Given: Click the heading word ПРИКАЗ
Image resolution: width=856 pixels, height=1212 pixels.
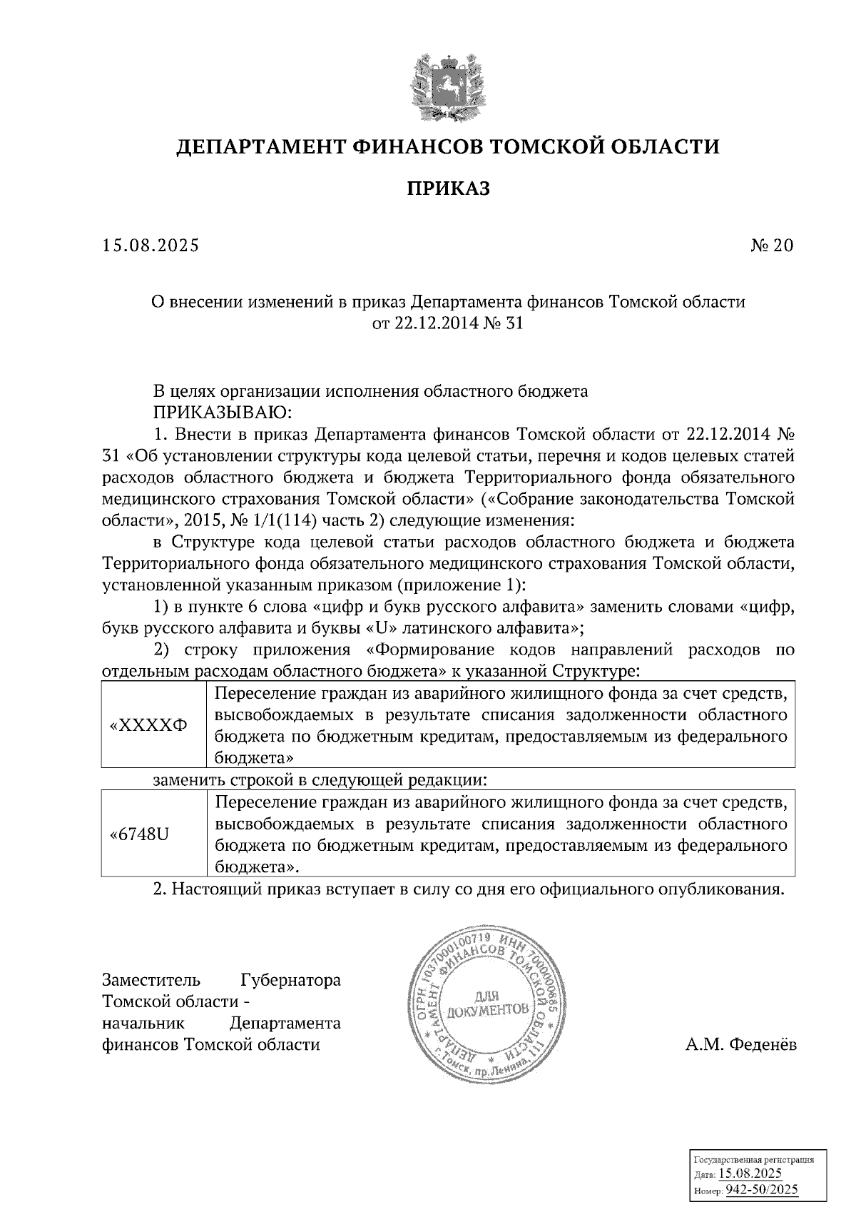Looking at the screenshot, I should point(449,188).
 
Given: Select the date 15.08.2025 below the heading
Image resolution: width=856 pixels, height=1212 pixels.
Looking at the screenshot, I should point(151,246).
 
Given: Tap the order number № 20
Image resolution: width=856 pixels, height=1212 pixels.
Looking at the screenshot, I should point(772,246).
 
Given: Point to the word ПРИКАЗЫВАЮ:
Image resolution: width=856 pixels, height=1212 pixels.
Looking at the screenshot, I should point(220,412).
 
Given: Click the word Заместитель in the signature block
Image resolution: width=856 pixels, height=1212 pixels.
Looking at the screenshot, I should point(151,980).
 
